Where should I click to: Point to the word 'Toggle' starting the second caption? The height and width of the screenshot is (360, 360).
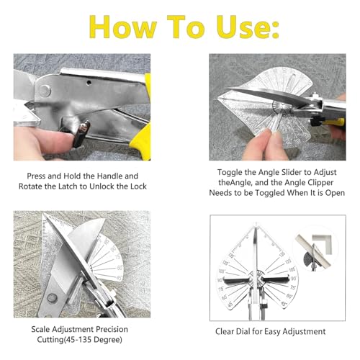click(230, 173)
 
